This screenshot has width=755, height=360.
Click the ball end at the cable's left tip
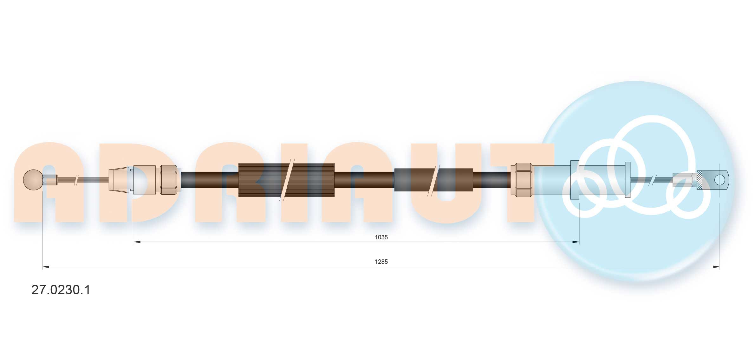click(33, 180)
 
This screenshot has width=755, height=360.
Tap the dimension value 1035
click(381, 237)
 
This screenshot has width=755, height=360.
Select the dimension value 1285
click(381, 262)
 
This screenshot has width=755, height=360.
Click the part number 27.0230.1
click(61, 290)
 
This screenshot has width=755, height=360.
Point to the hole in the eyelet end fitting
click(720, 180)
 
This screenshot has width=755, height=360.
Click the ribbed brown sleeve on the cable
click(286, 180)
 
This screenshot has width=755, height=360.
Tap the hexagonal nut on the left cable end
click(168, 180)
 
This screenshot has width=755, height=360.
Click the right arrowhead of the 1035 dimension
click(576, 242)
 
